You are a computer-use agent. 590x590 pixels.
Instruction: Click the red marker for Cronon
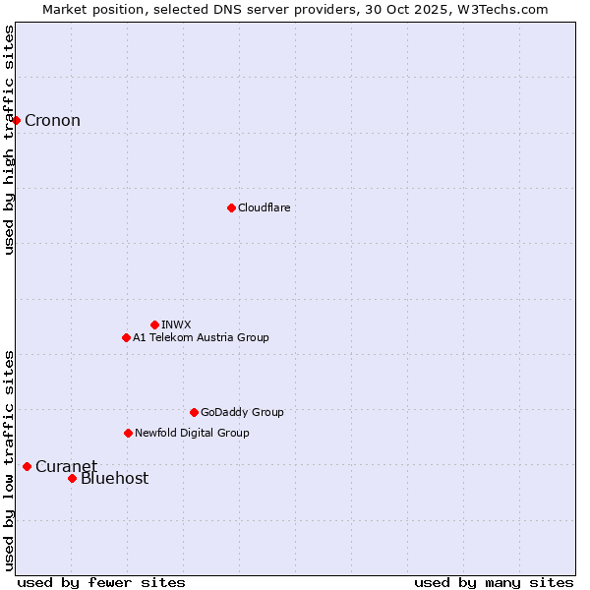[17, 121]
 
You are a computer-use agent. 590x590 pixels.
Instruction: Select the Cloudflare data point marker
[231, 207]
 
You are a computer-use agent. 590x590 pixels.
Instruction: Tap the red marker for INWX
[154, 324]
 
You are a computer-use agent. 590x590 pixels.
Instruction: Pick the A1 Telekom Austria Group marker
[126, 337]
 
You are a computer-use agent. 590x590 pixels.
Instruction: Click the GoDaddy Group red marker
[194, 412]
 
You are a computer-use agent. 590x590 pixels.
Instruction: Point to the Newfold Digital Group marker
[128, 433]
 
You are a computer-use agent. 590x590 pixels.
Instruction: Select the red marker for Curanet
[27, 466]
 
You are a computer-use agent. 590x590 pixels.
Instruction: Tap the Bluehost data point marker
[72, 478]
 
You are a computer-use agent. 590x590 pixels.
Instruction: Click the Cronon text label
[52, 121]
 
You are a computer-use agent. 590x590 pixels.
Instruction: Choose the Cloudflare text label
[264, 207]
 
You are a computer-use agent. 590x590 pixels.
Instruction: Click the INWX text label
[176, 324]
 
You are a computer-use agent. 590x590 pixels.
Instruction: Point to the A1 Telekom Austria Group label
[201, 337]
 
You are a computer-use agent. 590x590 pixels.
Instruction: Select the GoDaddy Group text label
[242, 412]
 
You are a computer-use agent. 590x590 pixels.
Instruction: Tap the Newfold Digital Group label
[192, 433]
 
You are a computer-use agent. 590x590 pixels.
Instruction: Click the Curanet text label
[66, 466]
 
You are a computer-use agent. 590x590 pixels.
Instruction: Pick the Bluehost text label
[114, 479]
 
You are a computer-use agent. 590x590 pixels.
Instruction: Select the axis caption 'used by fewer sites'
[101, 582]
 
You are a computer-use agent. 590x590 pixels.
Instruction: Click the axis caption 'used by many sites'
[494, 582]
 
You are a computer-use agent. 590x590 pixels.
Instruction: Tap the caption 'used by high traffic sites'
[9, 140]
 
